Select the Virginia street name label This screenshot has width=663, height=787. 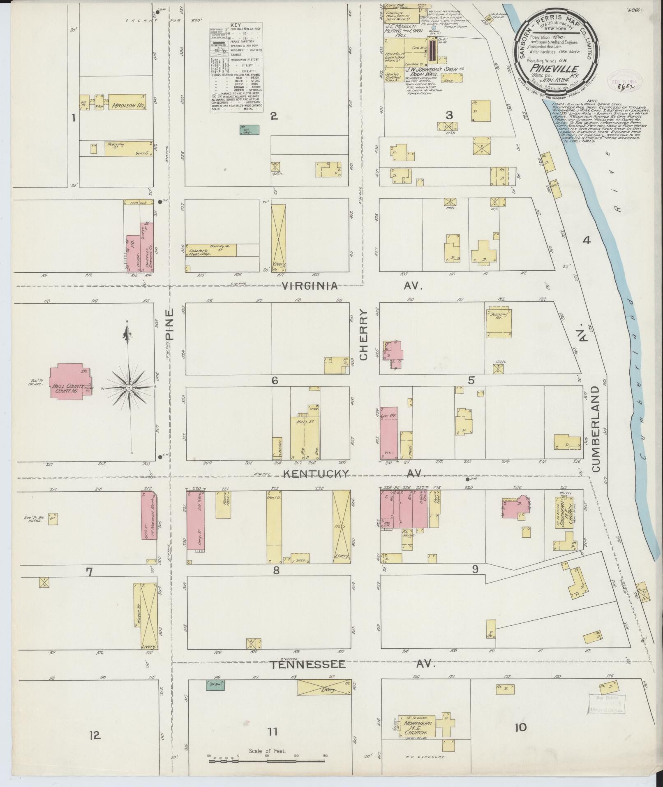click(x=310, y=286)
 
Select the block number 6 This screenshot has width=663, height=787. click(x=275, y=381)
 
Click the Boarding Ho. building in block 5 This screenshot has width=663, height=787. click(x=499, y=322)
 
